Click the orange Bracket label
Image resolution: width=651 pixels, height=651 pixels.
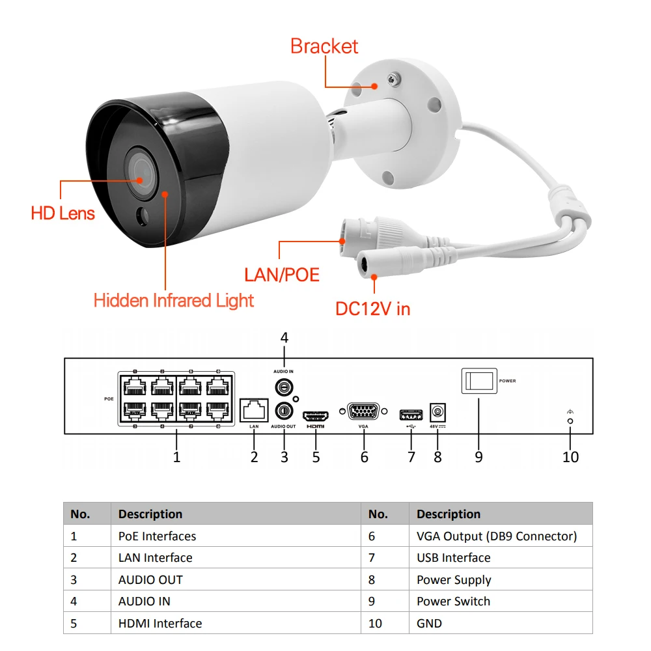[x=324, y=46]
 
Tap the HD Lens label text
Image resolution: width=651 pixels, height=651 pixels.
[x=62, y=213]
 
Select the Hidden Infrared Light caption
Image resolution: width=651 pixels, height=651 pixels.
[x=173, y=300]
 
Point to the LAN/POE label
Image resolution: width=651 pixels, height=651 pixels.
[x=282, y=274]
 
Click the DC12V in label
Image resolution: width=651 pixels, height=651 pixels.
[x=372, y=308]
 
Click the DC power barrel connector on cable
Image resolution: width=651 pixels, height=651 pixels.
[x=367, y=264]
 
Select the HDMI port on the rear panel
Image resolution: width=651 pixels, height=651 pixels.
[x=316, y=414]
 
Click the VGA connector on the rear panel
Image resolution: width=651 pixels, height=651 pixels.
[x=364, y=413]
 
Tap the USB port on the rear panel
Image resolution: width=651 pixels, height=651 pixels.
[x=411, y=414]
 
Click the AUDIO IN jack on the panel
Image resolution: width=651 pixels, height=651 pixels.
[x=284, y=387]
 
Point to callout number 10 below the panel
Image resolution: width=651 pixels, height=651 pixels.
[x=570, y=457]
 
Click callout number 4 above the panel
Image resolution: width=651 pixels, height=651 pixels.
[x=284, y=338]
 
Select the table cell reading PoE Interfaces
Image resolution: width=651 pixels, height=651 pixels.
[x=157, y=536]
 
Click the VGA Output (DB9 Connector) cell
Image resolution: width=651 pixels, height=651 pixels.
[x=497, y=536]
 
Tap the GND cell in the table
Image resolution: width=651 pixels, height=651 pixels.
[x=429, y=623]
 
